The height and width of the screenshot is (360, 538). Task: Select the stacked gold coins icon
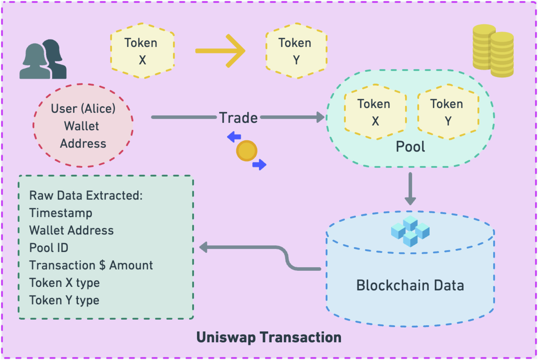click(x=493, y=51)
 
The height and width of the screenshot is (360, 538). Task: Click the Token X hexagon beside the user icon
click(x=142, y=51)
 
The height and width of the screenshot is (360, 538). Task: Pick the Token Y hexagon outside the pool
click(x=296, y=51)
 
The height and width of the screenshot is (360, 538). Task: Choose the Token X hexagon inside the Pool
click(x=375, y=112)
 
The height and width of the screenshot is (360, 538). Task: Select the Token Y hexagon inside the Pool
click(x=448, y=112)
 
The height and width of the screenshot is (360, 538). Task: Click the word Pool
click(x=410, y=147)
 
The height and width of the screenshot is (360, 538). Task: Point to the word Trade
click(x=238, y=118)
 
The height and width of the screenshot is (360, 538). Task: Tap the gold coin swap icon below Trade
click(x=247, y=151)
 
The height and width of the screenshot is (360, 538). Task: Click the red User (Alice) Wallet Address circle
click(x=83, y=126)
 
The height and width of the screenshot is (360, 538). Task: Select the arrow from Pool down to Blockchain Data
click(x=410, y=189)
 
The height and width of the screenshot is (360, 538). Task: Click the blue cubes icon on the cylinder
click(x=410, y=231)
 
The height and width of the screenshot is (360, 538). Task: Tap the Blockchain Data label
click(x=410, y=285)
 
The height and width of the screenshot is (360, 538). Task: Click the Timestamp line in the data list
click(x=61, y=213)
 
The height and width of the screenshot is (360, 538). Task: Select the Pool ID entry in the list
click(x=49, y=248)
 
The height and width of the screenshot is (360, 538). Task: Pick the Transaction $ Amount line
click(x=91, y=265)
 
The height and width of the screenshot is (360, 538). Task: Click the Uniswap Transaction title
click(x=269, y=337)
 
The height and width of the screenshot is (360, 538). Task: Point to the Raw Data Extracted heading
click(x=86, y=195)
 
